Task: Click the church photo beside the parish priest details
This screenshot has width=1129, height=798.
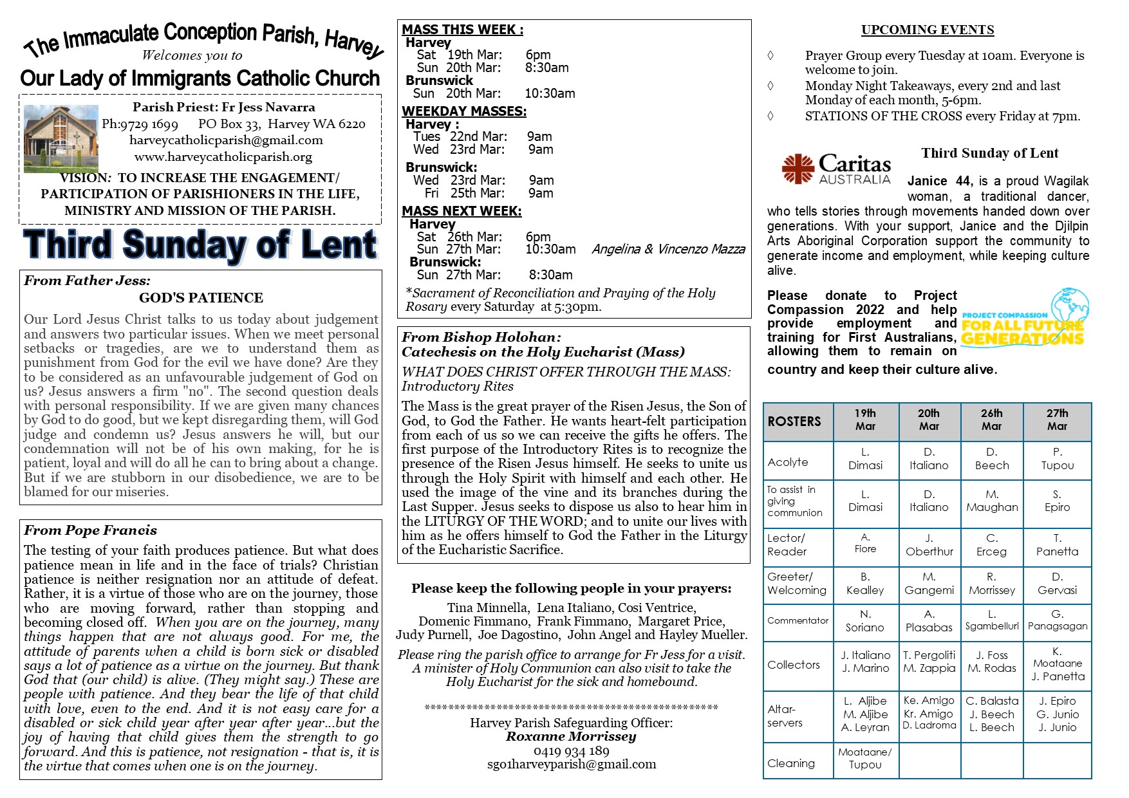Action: [61, 138]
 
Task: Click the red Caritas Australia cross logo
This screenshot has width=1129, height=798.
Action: [798, 169]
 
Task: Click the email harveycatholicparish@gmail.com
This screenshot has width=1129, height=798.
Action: [226, 140]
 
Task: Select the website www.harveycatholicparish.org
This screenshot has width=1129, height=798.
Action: [223, 157]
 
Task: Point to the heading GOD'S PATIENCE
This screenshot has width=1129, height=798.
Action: [201, 298]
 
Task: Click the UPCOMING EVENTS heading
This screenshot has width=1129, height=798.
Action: [927, 30]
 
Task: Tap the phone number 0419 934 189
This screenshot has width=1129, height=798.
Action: [571, 751]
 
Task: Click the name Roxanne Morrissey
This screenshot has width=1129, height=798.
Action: [571, 737]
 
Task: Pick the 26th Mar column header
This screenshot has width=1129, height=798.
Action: [991, 420]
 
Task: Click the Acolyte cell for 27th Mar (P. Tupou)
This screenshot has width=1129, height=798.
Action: [1057, 459]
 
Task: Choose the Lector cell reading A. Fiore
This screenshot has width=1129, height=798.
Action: [865, 543]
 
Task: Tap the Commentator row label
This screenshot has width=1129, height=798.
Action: [798, 621]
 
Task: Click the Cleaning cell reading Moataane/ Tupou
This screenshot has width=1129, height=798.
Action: [865, 758]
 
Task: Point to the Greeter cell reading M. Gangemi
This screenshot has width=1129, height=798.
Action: [929, 584]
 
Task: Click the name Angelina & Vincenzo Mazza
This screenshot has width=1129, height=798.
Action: [668, 250]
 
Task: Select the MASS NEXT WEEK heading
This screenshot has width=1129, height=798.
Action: [462, 211]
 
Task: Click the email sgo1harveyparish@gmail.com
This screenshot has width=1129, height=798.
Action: [571, 765]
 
